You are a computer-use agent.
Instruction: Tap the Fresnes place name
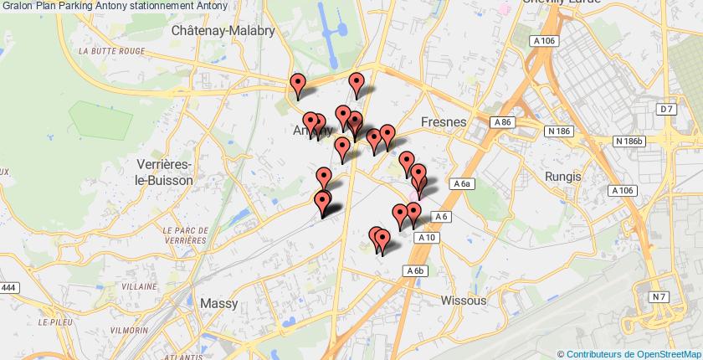[x=444, y=122]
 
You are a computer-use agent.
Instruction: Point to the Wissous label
[x=463, y=299]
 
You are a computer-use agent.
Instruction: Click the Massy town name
[x=219, y=303]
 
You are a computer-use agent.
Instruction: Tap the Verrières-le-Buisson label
[x=164, y=172]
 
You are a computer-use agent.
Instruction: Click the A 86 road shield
[x=502, y=122]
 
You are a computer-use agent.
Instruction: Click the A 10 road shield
[x=427, y=238]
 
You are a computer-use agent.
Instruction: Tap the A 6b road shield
[x=416, y=270]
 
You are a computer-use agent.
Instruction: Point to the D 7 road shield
[x=666, y=110]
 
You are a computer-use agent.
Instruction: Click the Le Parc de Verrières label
[x=185, y=234]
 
